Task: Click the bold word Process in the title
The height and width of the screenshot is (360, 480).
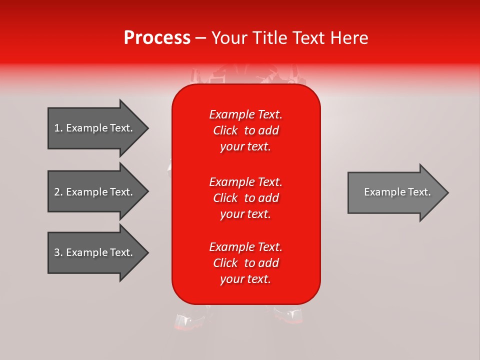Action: pos(157,38)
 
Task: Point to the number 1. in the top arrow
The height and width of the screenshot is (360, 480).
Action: pos(58,128)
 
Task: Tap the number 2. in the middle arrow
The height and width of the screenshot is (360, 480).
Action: pos(58,192)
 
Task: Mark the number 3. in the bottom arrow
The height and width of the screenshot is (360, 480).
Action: pos(58,252)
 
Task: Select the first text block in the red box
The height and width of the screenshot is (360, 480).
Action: pos(245,130)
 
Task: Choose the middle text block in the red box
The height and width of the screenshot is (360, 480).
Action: pos(245,198)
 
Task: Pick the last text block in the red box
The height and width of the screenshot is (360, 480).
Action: pos(245,263)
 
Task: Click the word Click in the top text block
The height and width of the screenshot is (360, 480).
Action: pos(225,130)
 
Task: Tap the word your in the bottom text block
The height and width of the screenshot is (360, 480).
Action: pos(231,279)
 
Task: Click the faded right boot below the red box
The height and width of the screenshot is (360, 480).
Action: pos(288,315)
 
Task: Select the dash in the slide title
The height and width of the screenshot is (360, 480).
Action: pos(200,38)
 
